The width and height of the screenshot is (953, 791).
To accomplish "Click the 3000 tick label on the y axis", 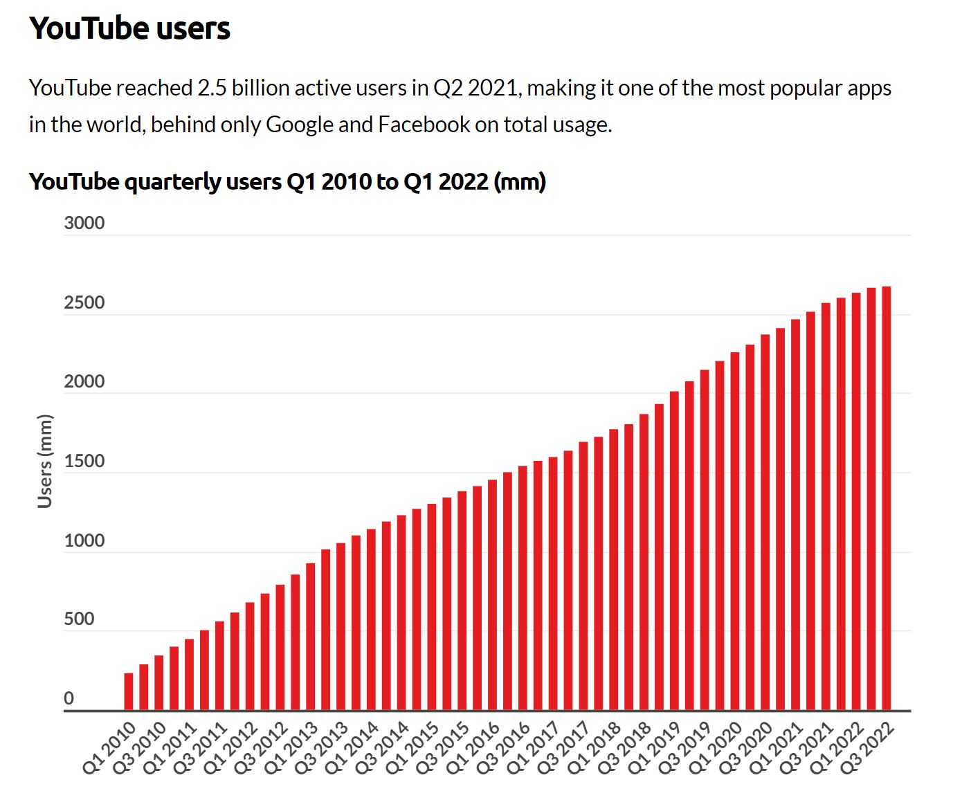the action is [84, 224].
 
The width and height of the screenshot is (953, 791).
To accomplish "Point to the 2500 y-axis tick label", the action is [84, 302].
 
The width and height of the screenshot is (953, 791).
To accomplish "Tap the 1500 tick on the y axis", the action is [84, 462].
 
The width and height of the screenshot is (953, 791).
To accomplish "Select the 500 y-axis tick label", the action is [79, 619].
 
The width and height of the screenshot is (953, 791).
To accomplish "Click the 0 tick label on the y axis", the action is [69, 699].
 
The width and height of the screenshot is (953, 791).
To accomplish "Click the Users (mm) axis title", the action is [45, 462].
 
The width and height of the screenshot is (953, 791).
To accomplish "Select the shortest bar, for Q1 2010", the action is [129, 691].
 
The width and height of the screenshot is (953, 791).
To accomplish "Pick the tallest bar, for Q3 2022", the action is [887, 498].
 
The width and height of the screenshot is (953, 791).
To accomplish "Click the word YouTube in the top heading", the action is [88, 28].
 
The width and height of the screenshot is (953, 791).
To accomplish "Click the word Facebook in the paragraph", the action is [424, 125].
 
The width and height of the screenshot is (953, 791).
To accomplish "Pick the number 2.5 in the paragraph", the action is [212, 88].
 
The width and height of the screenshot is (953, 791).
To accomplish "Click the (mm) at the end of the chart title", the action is [520, 182].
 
